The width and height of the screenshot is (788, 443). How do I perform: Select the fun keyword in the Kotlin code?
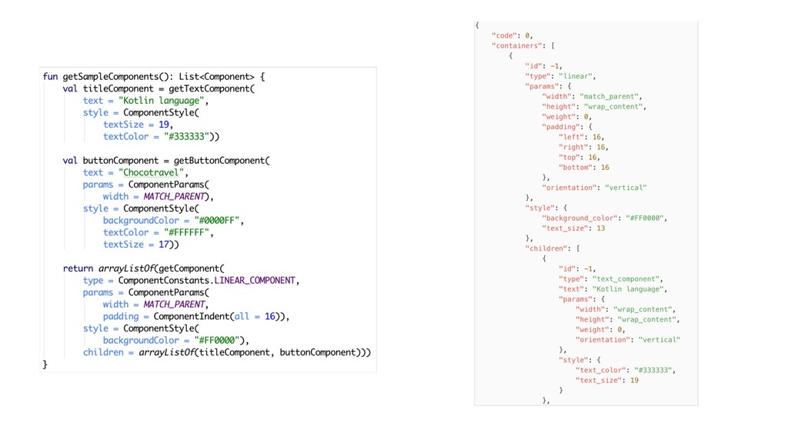(x=50, y=77)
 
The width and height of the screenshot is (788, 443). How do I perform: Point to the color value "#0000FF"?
(x=219, y=221)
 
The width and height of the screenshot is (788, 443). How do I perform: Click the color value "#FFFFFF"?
(x=188, y=232)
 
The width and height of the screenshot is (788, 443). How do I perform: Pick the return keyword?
(x=78, y=268)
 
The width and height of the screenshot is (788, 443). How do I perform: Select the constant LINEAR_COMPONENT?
(x=255, y=281)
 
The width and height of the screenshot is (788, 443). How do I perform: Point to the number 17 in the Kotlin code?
(x=163, y=245)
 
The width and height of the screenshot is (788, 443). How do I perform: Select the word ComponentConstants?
(x=165, y=281)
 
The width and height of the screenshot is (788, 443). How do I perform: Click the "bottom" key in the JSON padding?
(x=576, y=167)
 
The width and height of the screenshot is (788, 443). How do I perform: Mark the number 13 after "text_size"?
(x=601, y=228)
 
